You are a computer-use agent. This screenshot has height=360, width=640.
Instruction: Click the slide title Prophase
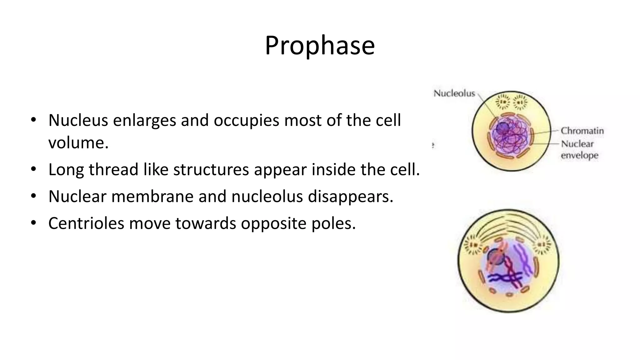320,46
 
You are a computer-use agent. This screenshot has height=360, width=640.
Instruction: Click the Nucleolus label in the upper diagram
454,93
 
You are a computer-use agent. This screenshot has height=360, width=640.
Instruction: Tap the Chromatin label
582,131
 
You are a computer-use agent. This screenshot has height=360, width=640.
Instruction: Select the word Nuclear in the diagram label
577,144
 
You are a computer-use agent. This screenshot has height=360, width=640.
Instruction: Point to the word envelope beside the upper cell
579,155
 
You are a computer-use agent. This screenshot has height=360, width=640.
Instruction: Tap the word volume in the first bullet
78,143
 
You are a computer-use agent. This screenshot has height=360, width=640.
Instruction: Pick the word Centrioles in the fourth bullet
86,223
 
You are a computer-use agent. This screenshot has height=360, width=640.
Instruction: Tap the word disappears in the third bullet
350,197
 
